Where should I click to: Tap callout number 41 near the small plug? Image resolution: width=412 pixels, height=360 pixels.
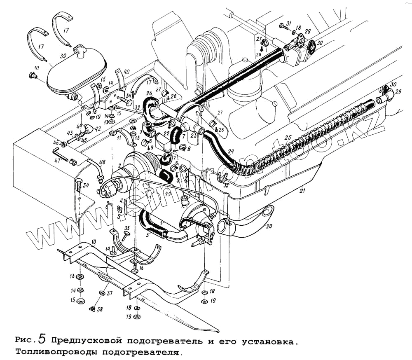point(37,68)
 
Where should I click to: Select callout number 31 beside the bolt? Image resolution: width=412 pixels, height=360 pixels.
point(288,23)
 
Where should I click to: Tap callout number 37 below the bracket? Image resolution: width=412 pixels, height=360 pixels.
point(110,293)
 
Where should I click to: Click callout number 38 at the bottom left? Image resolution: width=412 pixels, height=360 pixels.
point(100,309)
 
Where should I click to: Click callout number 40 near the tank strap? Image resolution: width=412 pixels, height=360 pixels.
point(126,71)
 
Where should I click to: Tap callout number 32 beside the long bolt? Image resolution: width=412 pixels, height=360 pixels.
point(137,108)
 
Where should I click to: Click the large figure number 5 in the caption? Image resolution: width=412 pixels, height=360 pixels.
point(42,339)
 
